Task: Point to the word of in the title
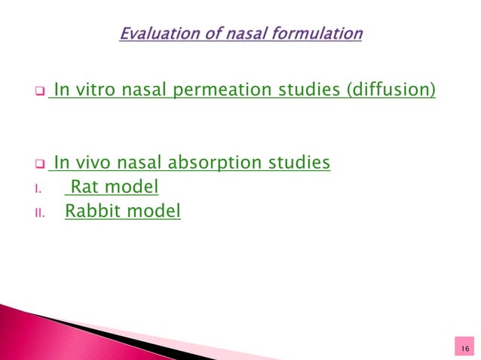(x=212, y=34)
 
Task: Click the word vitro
(x=94, y=93)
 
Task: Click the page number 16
(x=464, y=346)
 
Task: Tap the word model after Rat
(x=133, y=187)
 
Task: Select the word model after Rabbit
(x=155, y=212)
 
